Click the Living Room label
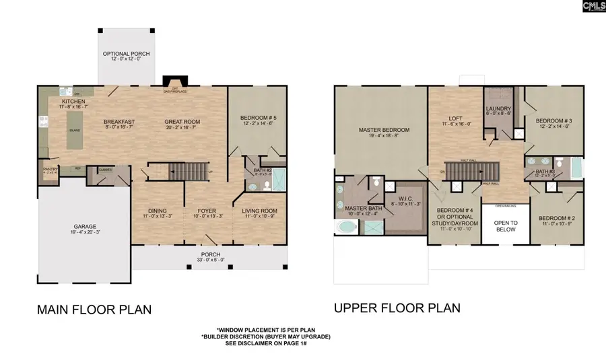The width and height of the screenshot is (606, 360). click(259, 213)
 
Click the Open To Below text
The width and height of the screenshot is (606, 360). click(505, 226)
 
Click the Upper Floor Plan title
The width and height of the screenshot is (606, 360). click(397, 308)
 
